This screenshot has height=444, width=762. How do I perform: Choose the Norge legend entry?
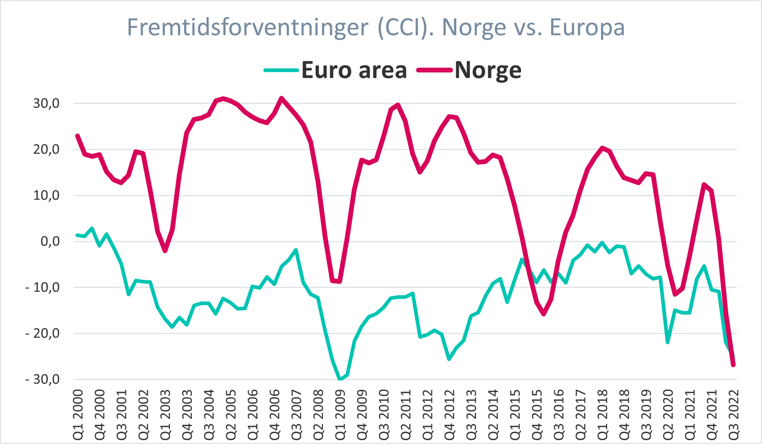coord(488,70)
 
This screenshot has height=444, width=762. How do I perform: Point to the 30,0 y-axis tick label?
coord(46,103)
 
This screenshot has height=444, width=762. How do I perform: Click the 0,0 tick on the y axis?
coord(50,241)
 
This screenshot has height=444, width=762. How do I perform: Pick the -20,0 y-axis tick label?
coord(42,334)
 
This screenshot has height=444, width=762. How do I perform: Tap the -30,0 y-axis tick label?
coord(42,380)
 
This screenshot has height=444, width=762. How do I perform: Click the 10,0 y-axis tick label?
coord(46,195)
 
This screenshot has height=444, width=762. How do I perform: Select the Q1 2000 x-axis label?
coord(78,415)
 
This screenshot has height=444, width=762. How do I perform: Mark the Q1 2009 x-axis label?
coord(340,415)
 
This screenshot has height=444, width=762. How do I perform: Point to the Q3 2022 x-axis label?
coord(733,415)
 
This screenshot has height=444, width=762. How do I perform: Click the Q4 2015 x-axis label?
coord(537,415)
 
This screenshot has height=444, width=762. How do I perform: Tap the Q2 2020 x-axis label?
coord(668,415)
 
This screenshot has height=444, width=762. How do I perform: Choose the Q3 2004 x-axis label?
coord(209,415)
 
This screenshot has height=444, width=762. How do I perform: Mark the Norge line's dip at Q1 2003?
coord(165,251)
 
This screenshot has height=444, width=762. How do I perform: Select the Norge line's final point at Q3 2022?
coord(733,365)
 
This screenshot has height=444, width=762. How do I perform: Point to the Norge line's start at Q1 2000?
coord(78,136)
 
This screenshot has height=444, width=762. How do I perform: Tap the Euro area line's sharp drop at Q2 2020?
coord(668,342)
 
